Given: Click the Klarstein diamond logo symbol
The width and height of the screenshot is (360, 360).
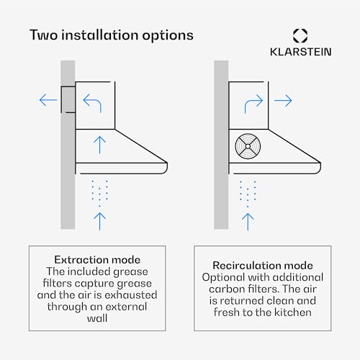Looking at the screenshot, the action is coord(300,36).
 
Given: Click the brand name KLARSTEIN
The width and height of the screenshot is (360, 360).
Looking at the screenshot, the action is coord(301,52).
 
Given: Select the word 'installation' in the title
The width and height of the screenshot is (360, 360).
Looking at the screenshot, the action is coord(100,35).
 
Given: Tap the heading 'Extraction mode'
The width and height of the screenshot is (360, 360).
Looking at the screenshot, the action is coord(97,260).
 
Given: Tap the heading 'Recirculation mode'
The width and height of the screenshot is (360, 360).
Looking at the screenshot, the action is coord(263,266).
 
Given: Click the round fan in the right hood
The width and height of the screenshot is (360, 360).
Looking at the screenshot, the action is coord(248,146).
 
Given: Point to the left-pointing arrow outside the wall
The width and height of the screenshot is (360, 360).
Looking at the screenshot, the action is coord(48,100).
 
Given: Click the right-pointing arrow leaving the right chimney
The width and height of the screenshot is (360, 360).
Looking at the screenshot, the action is coord(283,100).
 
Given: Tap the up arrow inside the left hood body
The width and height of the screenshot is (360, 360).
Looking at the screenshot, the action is coord(100,145).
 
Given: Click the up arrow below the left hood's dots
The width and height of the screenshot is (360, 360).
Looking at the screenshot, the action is coord(100,221).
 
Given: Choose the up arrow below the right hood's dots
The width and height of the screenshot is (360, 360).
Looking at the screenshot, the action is coord(248,222).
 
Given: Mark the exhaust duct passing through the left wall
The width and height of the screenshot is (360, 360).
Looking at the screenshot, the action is coord(68,99).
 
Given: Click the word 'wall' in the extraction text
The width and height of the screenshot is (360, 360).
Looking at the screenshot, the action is coord(97,318).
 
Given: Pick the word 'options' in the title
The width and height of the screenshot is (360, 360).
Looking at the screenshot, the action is coord(168,36).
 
